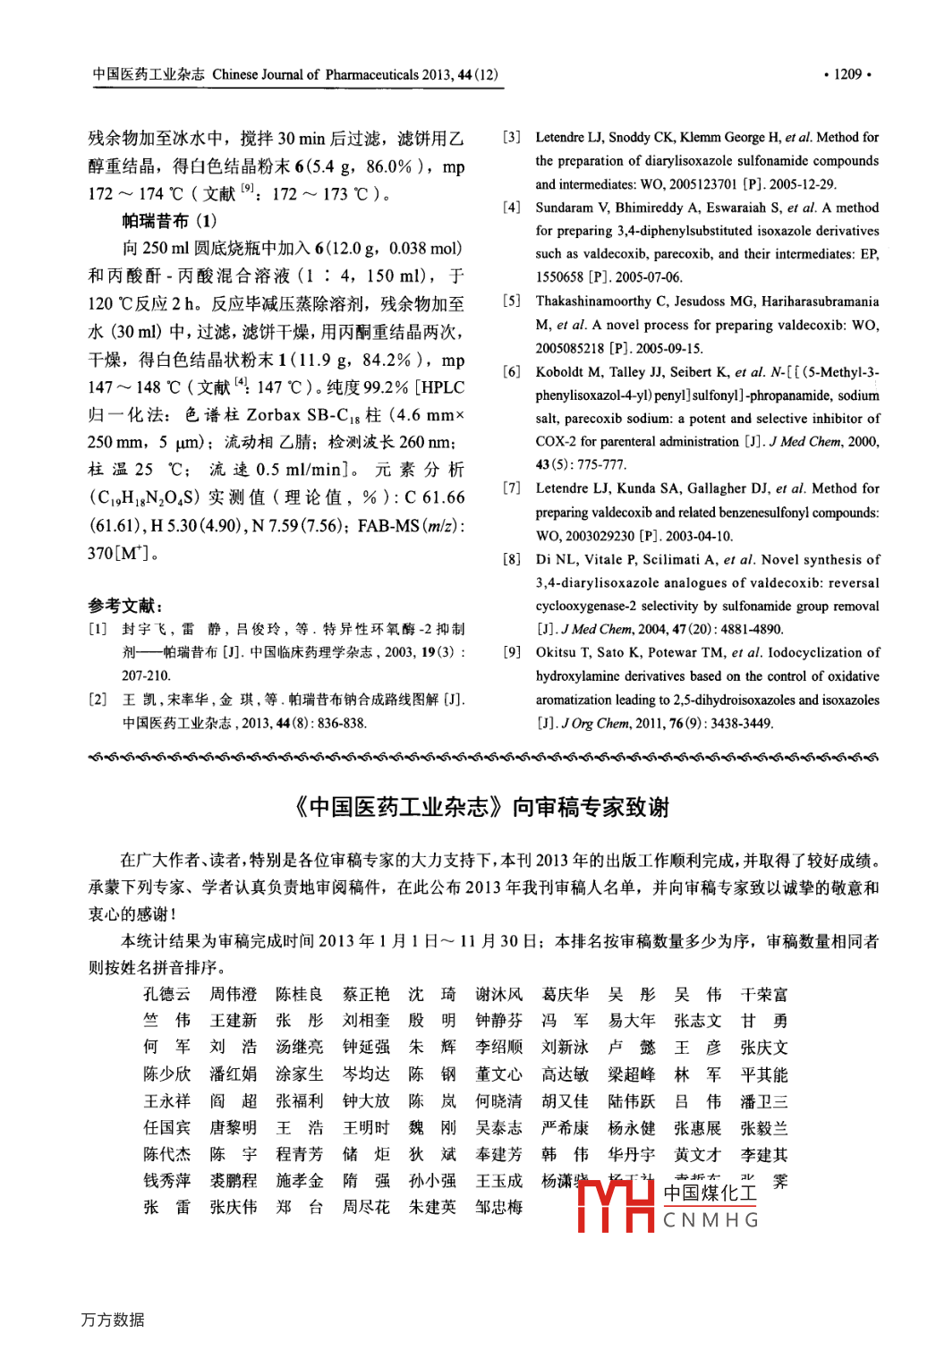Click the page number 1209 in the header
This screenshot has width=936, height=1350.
(847, 74)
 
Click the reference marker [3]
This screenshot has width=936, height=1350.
(512, 137)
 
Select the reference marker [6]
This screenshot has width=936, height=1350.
(512, 371)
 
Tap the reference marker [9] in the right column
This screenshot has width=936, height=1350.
(512, 652)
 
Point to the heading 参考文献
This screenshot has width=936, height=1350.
(125, 606)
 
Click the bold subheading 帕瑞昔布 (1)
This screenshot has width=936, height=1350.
(169, 221)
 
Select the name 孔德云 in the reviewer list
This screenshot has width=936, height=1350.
(167, 994)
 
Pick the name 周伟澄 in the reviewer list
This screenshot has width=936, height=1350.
(234, 994)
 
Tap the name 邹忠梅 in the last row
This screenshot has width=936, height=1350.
(498, 1207)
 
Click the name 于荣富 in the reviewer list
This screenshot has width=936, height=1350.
(764, 994)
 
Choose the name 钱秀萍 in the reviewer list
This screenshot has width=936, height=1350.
(167, 1181)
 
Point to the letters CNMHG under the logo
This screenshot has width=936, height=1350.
(711, 1220)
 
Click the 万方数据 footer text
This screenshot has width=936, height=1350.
(113, 1320)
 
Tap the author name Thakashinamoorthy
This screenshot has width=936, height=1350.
(593, 301)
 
